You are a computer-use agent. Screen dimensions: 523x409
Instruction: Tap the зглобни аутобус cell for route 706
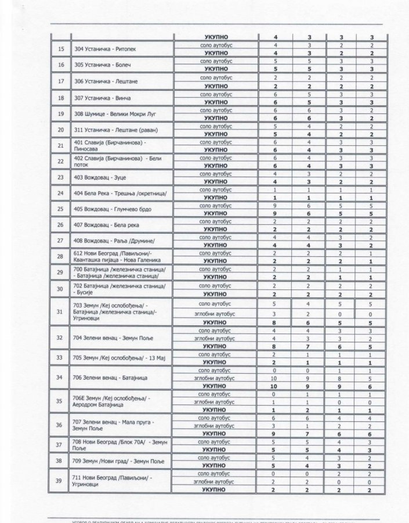[215, 377]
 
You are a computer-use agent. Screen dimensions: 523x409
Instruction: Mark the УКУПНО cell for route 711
[215, 490]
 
